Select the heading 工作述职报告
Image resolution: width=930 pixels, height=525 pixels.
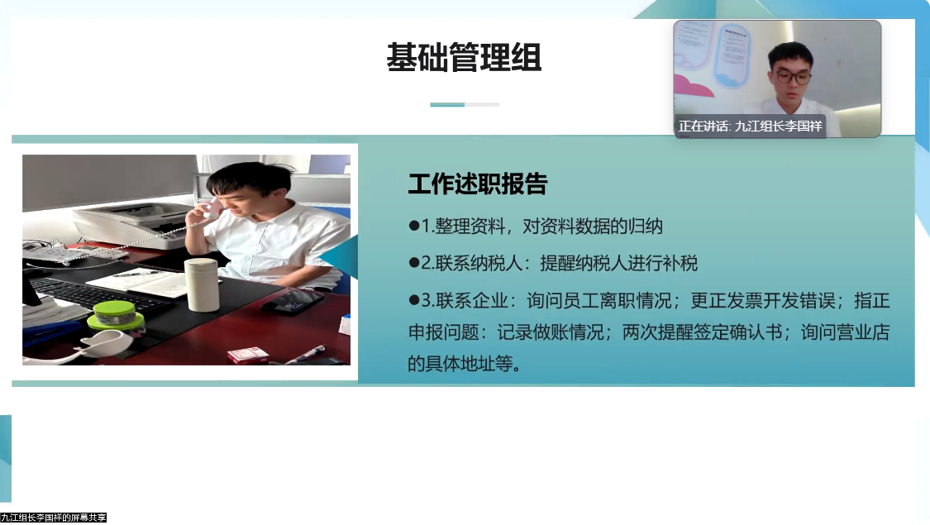(477, 184)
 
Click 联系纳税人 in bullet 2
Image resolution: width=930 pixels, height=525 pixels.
(482, 264)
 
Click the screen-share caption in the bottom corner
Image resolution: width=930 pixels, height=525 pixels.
(54, 518)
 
